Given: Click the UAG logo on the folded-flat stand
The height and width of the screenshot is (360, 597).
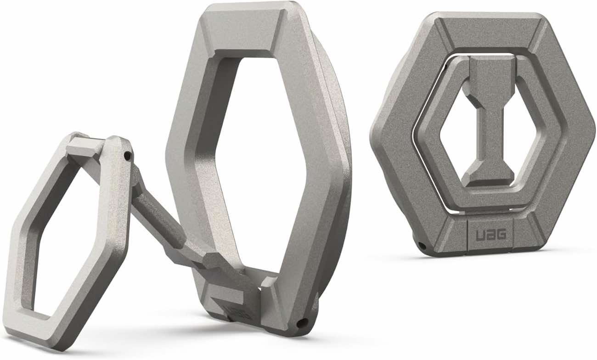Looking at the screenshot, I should (487, 234).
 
